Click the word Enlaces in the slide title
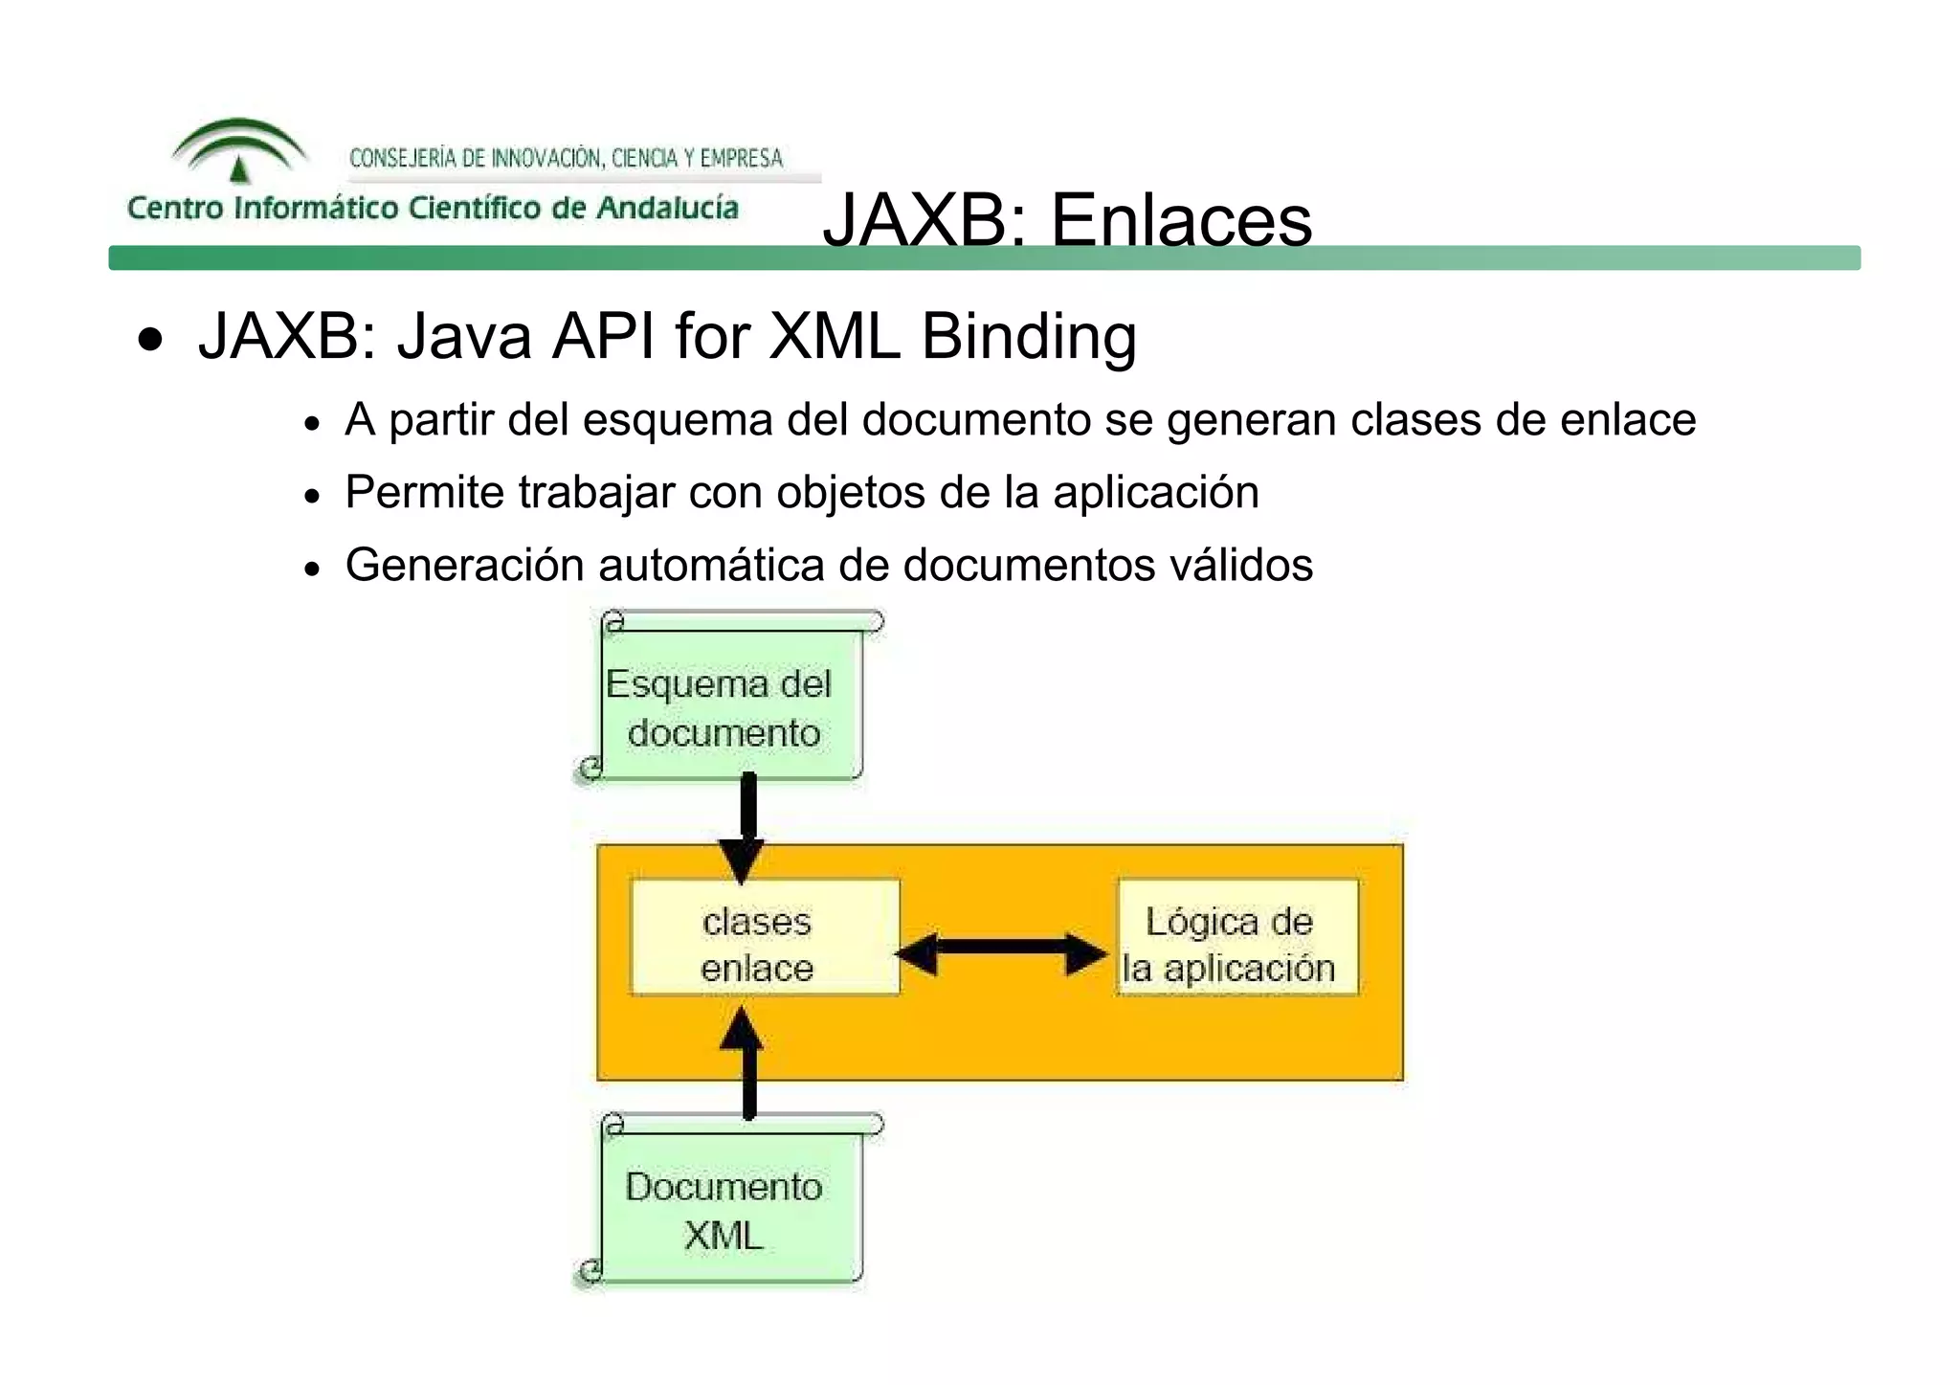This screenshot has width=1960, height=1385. (1181, 220)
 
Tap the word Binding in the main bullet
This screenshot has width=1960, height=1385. (1029, 336)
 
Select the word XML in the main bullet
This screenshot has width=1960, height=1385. (835, 336)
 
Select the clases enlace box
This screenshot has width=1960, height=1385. (765, 944)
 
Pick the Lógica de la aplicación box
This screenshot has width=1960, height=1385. (1236, 944)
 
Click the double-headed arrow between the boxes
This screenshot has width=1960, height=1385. (1001, 953)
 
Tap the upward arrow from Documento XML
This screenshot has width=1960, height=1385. (747, 1062)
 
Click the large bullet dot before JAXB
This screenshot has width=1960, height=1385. (150, 339)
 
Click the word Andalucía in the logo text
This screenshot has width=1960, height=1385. (667, 208)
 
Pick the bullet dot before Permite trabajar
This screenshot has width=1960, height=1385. (311, 497)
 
